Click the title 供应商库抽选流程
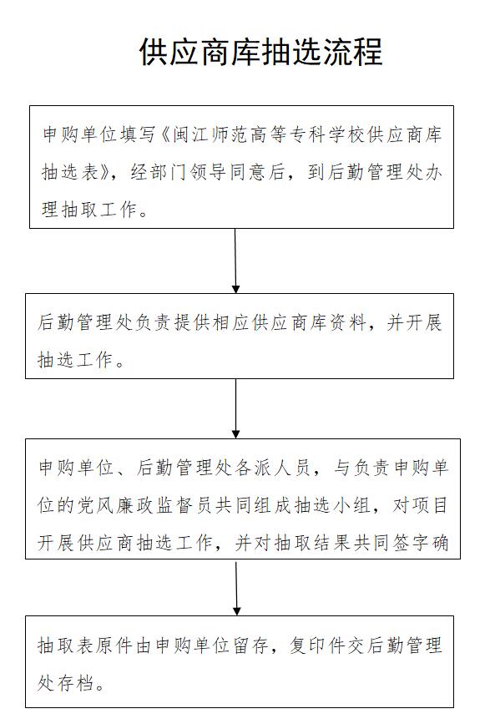(x=261, y=52)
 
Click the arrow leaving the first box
(x=235, y=261)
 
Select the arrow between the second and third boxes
(x=235, y=408)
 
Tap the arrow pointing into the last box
(x=236, y=587)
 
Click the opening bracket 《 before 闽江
(x=165, y=134)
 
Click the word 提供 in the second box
(x=193, y=322)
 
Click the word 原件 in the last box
(x=114, y=645)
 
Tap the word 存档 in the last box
(x=76, y=682)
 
